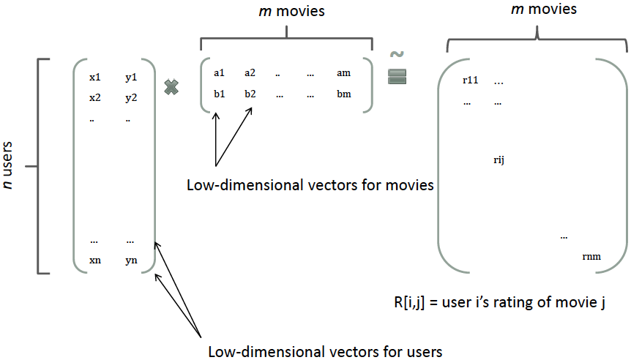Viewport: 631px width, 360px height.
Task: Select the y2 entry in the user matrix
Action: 132,97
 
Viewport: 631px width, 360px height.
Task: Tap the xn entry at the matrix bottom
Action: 95,260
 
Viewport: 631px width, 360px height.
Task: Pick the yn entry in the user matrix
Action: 130,260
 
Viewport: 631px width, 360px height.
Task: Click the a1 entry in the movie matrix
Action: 219,72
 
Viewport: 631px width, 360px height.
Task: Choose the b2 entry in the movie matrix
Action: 250,94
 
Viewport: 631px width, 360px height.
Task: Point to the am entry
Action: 344,72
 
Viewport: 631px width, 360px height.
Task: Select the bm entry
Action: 344,94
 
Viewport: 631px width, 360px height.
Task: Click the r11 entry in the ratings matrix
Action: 470,80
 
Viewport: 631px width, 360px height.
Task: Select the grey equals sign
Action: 397,77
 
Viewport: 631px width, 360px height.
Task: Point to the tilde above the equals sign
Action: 397,55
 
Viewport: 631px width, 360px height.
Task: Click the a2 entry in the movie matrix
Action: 250,72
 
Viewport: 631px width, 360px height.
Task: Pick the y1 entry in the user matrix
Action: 132,77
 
